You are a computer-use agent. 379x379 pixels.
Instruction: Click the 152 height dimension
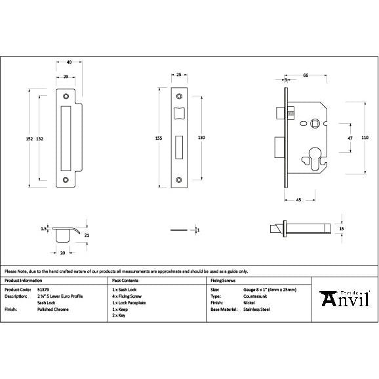pos(28,138)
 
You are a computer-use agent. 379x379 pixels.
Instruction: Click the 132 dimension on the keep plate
pos(40,138)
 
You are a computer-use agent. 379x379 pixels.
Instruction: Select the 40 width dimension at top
pos(69,62)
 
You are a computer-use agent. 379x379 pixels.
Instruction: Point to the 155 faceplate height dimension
pos(159,138)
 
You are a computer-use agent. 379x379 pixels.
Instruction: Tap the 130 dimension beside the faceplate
pos(201,138)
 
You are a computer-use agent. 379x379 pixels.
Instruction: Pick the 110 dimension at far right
pos(365,137)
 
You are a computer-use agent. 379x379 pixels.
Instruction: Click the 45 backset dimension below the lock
pos(298,199)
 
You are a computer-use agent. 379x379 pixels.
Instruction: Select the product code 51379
pos(43,289)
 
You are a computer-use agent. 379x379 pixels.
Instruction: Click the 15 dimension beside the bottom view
pos(342,228)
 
